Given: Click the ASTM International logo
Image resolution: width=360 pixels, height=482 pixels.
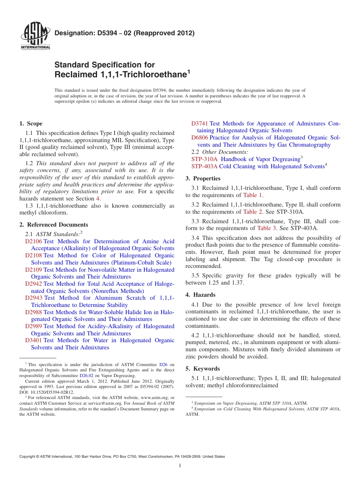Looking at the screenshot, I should coord(35,36).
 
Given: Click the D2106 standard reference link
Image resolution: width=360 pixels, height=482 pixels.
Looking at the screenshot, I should coord(33,241).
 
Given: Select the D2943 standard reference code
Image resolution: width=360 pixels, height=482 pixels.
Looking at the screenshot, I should coord(34,298).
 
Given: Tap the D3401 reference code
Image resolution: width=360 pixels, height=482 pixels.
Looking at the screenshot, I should coord(33,340).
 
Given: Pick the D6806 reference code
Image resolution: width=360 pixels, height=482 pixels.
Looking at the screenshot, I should coord(200,138).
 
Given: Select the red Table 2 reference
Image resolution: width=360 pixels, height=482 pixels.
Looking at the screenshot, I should coord(252,212).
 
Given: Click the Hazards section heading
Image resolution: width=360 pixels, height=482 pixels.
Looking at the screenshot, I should coord(204,295).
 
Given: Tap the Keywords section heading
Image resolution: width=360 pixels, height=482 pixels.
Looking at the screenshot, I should coord(207,369).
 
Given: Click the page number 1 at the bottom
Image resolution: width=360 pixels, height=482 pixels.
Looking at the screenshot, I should coord(180,466).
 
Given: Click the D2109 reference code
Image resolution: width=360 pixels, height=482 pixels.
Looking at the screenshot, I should coord(33,270).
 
